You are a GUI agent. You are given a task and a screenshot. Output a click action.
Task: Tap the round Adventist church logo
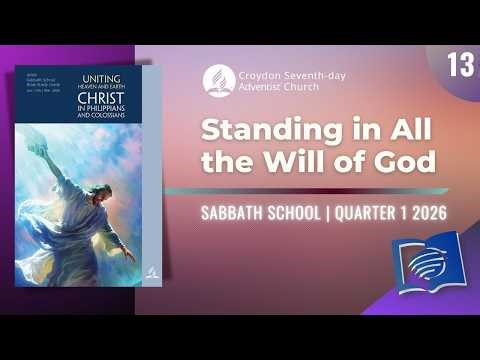pyautogui.click(x=215, y=81)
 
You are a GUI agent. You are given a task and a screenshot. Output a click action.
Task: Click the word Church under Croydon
pyautogui.click(x=290, y=88)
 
